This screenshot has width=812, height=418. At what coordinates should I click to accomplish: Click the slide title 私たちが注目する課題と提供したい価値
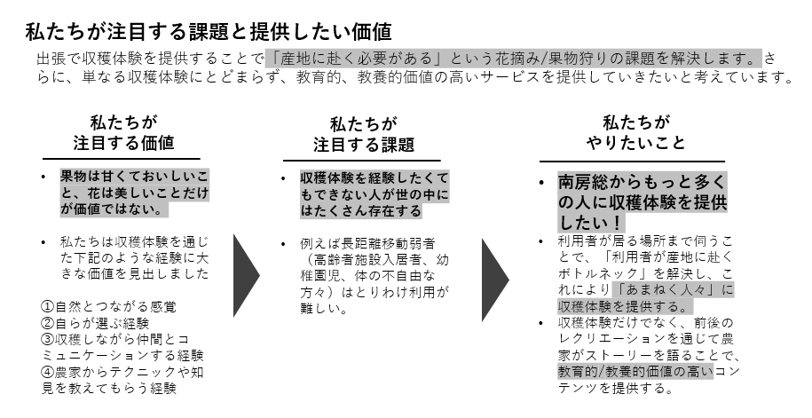click(x=208, y=32)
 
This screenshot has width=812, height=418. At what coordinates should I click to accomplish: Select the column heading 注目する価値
click(x=123, y=143)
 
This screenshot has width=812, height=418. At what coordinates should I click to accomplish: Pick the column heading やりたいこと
click(x=635, y=143)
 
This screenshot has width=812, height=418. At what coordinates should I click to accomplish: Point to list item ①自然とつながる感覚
click(x=109, y=307)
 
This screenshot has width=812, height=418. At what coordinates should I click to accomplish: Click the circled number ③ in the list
click(x=49, y=340)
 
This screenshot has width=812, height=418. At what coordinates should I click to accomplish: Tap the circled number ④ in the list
click(x=49, y=372)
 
